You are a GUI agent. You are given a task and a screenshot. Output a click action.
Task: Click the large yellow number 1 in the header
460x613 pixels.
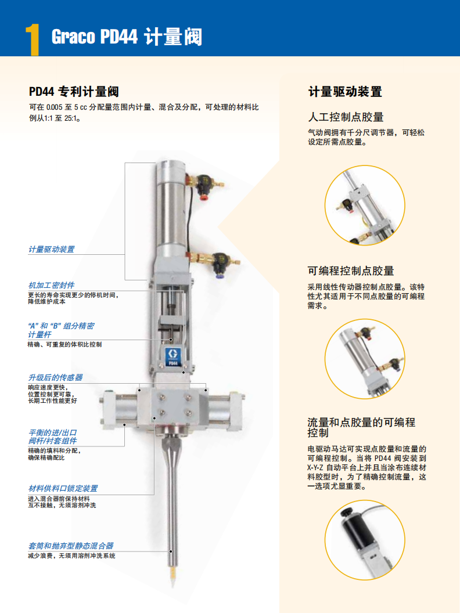coord(33,39)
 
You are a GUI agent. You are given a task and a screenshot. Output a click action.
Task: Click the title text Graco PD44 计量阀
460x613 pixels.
coord(127,37)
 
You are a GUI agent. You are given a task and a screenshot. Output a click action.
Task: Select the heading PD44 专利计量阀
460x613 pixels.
coord(74,92)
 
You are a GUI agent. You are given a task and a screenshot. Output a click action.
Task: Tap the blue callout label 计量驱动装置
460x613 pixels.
coord(51,249)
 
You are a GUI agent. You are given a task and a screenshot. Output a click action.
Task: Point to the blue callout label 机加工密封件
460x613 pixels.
coord(51,285)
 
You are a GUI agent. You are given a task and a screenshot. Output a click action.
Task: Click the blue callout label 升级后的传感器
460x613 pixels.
coord(55,377)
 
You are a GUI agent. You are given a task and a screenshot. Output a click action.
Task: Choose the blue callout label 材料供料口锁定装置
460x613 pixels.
coord(63,488)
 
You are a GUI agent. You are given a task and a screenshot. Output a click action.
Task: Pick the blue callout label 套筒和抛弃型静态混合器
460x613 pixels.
coord(71,546)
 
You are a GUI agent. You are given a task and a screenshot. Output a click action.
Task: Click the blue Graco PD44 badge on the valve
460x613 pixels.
coord(172,356)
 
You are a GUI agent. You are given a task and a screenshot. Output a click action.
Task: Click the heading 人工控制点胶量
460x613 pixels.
coord(346,117)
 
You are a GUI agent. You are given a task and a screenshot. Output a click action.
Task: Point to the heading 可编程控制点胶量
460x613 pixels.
coord(350,271)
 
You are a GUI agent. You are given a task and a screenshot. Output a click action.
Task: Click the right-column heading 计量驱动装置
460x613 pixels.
coord(345,92)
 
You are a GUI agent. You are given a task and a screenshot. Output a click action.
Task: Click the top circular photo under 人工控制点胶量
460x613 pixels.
coord(365,205)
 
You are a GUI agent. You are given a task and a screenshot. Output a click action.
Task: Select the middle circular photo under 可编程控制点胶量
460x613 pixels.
coord(365,359)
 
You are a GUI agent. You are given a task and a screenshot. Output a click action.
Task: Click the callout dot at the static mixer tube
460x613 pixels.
coord(171,551)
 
